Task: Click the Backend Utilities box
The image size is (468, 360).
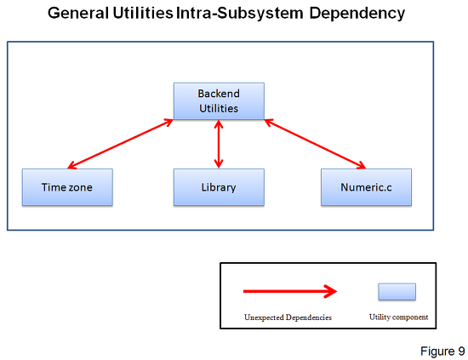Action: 219,101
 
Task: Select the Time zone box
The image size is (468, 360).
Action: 67,187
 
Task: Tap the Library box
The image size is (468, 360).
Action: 219,187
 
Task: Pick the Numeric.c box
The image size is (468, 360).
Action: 366,187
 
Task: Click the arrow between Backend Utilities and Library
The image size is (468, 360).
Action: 219,144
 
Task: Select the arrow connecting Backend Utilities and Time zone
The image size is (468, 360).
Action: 121,144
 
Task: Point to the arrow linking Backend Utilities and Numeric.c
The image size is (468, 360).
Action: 315,144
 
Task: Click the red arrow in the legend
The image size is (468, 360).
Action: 290,291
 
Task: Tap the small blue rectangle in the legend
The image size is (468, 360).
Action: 397,292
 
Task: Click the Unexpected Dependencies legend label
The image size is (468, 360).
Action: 288,317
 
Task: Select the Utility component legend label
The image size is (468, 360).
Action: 399,317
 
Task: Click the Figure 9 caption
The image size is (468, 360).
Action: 442,351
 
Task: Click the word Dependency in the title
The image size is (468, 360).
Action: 357,14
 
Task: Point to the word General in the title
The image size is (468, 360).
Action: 78,14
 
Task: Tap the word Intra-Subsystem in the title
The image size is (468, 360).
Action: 240,14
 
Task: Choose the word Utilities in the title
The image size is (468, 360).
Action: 143,14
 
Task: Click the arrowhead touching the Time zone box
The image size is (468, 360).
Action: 71,166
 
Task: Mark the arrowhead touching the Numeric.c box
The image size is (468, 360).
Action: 362,166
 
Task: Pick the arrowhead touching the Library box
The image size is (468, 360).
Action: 219,165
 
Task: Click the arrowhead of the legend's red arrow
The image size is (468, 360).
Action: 331,291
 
